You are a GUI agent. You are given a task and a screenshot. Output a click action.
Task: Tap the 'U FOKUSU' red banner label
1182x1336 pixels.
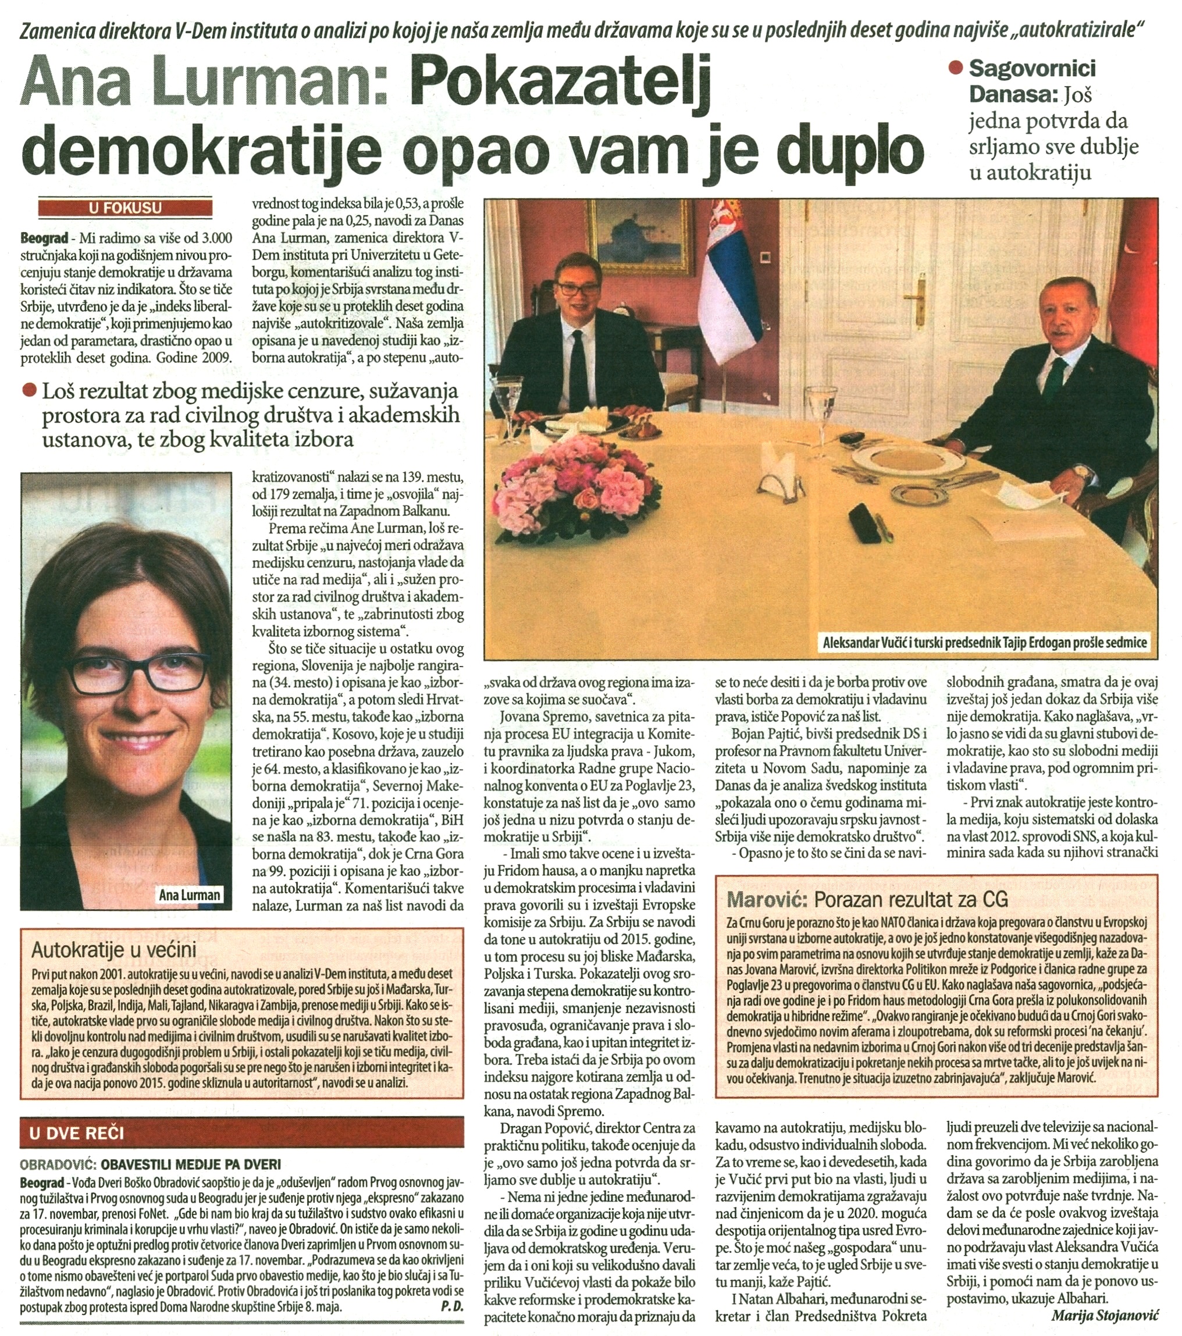coord(125,208)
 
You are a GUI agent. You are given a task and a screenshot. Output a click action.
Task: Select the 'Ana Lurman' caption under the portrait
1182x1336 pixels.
coord(190,895)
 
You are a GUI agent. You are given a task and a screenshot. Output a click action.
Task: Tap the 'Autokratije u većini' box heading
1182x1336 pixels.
coord(114,950)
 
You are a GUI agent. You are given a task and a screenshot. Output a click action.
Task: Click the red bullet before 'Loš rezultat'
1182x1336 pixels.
coord(29,391)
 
